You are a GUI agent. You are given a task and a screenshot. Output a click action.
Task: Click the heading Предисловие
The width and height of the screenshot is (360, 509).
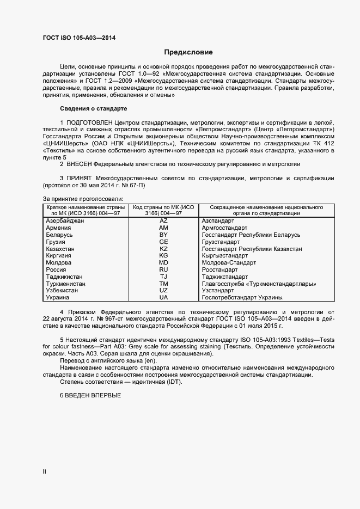[x=188, y=52]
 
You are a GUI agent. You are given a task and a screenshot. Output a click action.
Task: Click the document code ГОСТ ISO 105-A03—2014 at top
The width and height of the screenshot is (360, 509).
[x=79, y=38]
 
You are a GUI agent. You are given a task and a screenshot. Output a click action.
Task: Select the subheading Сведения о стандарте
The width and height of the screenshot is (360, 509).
[x=93, y=108]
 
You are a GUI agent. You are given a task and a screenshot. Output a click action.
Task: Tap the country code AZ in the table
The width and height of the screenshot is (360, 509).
[x=163, y=220]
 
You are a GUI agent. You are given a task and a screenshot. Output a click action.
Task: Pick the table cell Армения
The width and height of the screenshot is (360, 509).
[x=58, y=228]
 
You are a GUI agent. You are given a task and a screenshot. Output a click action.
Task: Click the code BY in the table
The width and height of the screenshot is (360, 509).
[x=163, y=235]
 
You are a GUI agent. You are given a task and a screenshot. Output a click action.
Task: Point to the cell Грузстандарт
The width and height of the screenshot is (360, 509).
[x=221, y=242]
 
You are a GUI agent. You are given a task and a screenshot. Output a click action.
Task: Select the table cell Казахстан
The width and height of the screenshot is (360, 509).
[x=60, y=249]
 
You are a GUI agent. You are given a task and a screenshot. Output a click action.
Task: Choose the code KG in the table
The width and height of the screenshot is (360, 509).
[x=163, y=256]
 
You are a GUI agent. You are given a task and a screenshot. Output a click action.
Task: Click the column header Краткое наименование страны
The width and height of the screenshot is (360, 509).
[x=86, y=208]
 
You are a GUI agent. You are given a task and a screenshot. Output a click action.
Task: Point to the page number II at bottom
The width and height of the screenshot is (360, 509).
[x=45, y=472]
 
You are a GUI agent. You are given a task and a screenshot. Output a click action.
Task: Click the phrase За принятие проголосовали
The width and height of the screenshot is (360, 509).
[x=83, y=199]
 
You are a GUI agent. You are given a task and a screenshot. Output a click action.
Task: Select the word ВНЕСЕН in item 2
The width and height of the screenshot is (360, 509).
[x=80, y=164]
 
